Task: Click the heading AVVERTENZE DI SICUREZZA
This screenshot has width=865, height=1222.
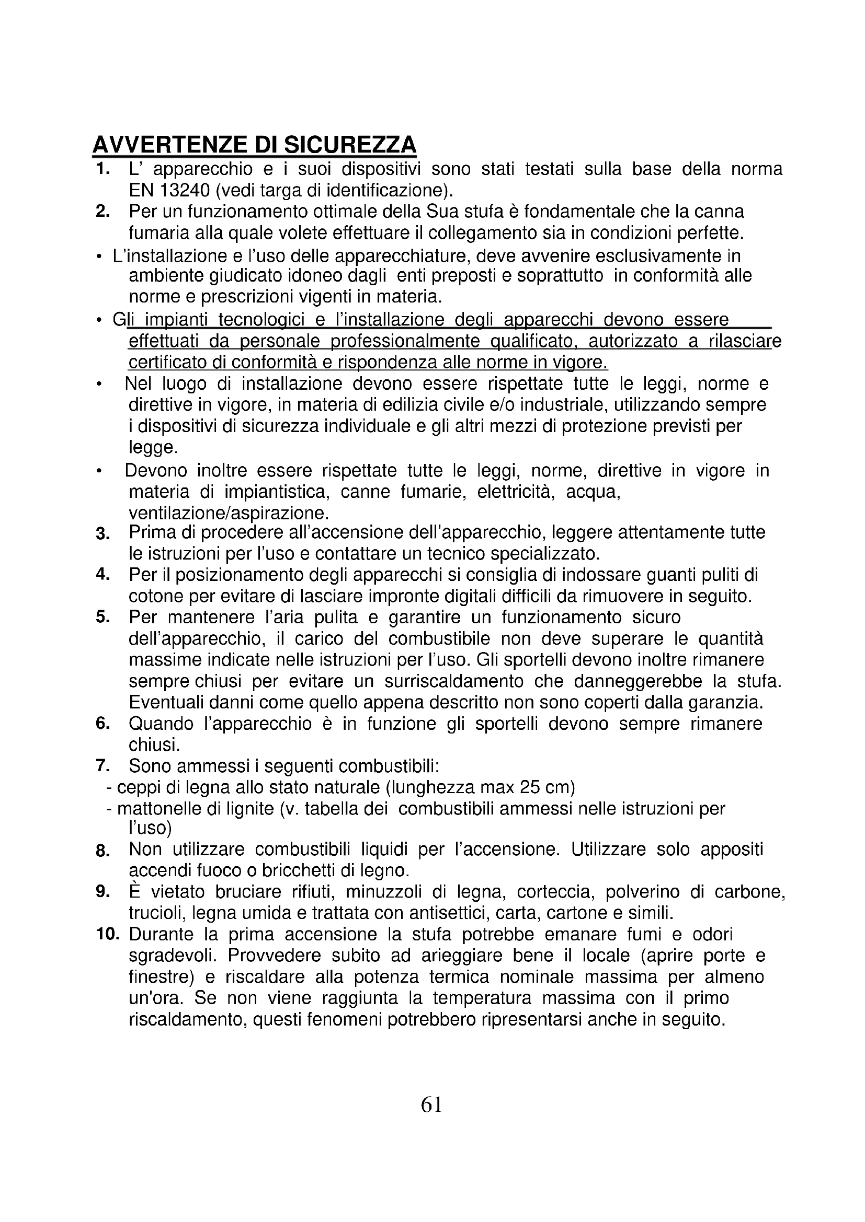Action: click(x=254, y=145)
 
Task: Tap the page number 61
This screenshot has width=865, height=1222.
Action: click(x=431, y=1105)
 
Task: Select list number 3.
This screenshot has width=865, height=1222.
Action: click(x=103, y=533)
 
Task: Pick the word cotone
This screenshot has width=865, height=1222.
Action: click(x=156, y=596)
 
